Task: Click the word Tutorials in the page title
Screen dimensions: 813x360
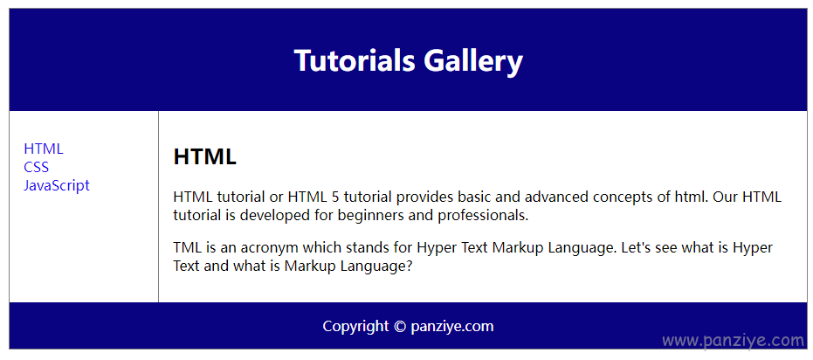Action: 355,60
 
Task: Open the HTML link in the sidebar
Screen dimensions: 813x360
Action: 44,149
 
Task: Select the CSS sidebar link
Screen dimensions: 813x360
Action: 37,167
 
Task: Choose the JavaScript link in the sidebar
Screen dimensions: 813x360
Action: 57,186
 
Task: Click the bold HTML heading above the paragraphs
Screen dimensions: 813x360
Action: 205,156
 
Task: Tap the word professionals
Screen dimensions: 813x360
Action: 483,215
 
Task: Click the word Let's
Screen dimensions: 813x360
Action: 635,248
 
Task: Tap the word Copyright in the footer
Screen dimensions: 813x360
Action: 355,327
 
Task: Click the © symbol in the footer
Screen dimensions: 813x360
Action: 399,327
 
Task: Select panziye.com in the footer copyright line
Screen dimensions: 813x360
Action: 452,327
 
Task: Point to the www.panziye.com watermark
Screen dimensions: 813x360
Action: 734,341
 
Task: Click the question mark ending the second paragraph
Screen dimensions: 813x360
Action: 408,267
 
